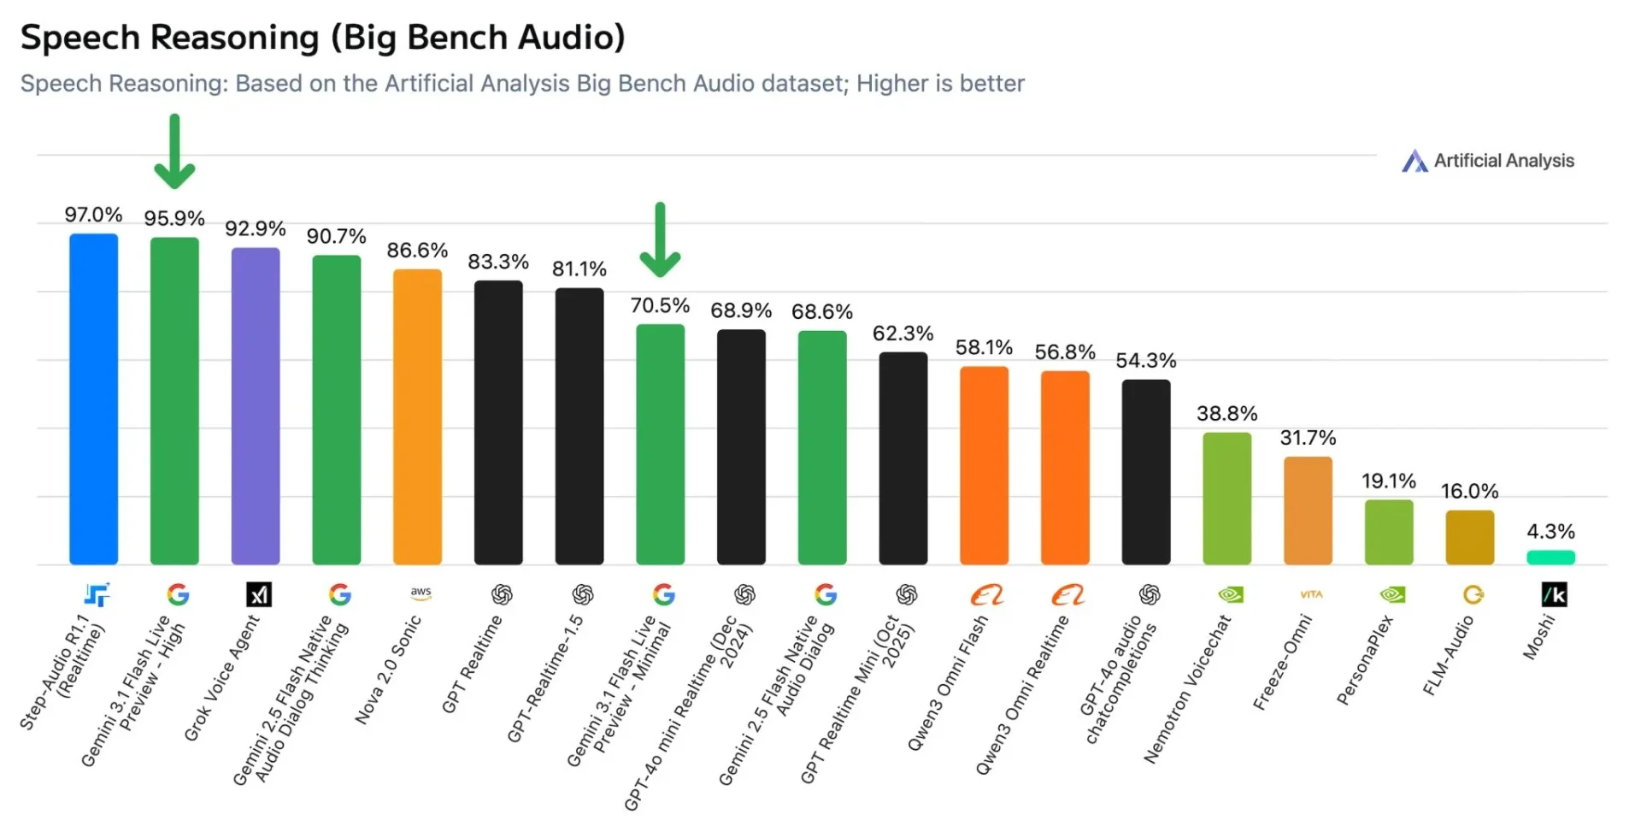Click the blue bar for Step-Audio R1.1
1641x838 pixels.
93,398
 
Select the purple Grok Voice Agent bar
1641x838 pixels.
256,406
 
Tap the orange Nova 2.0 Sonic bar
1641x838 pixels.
417,416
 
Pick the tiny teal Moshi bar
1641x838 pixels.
1550,558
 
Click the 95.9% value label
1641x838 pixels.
174,219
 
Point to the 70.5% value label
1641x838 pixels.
660,306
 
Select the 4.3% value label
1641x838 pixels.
1550,532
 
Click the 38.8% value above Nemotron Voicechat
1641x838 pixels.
1226,414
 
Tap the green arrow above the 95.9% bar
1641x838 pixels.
174,152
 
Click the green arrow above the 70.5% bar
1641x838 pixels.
660,240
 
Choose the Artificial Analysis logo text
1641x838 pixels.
1503,161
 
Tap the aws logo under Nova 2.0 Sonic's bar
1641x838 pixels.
421,593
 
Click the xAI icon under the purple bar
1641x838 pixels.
259,594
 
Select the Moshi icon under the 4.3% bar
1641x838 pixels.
1554,594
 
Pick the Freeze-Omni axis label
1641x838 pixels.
1282,664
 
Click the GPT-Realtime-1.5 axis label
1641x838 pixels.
545,679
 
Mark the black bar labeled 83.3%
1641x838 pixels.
498,422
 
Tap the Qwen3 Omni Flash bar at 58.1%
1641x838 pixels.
984,465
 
